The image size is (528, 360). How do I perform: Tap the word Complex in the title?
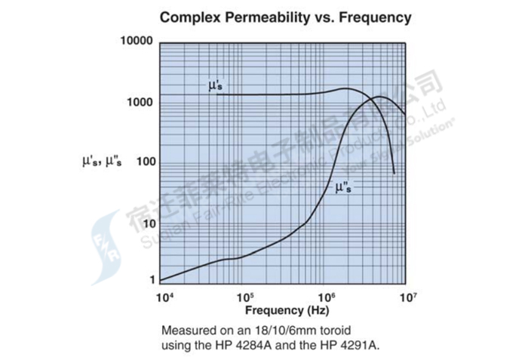(189, 17)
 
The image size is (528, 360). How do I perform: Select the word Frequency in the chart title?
(375, 17)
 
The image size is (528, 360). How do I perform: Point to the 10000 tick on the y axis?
(137, 39)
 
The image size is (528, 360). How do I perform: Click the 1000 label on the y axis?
(140, 102)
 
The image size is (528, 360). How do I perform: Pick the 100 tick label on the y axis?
(143, 162)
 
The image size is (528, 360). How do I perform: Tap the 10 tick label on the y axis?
(147, 223)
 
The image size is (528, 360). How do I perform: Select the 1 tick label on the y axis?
(150, 280)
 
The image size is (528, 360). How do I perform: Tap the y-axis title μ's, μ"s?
(106, 161)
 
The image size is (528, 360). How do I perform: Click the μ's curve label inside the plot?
(215, 85)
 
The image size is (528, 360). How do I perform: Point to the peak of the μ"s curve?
(379, 97)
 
